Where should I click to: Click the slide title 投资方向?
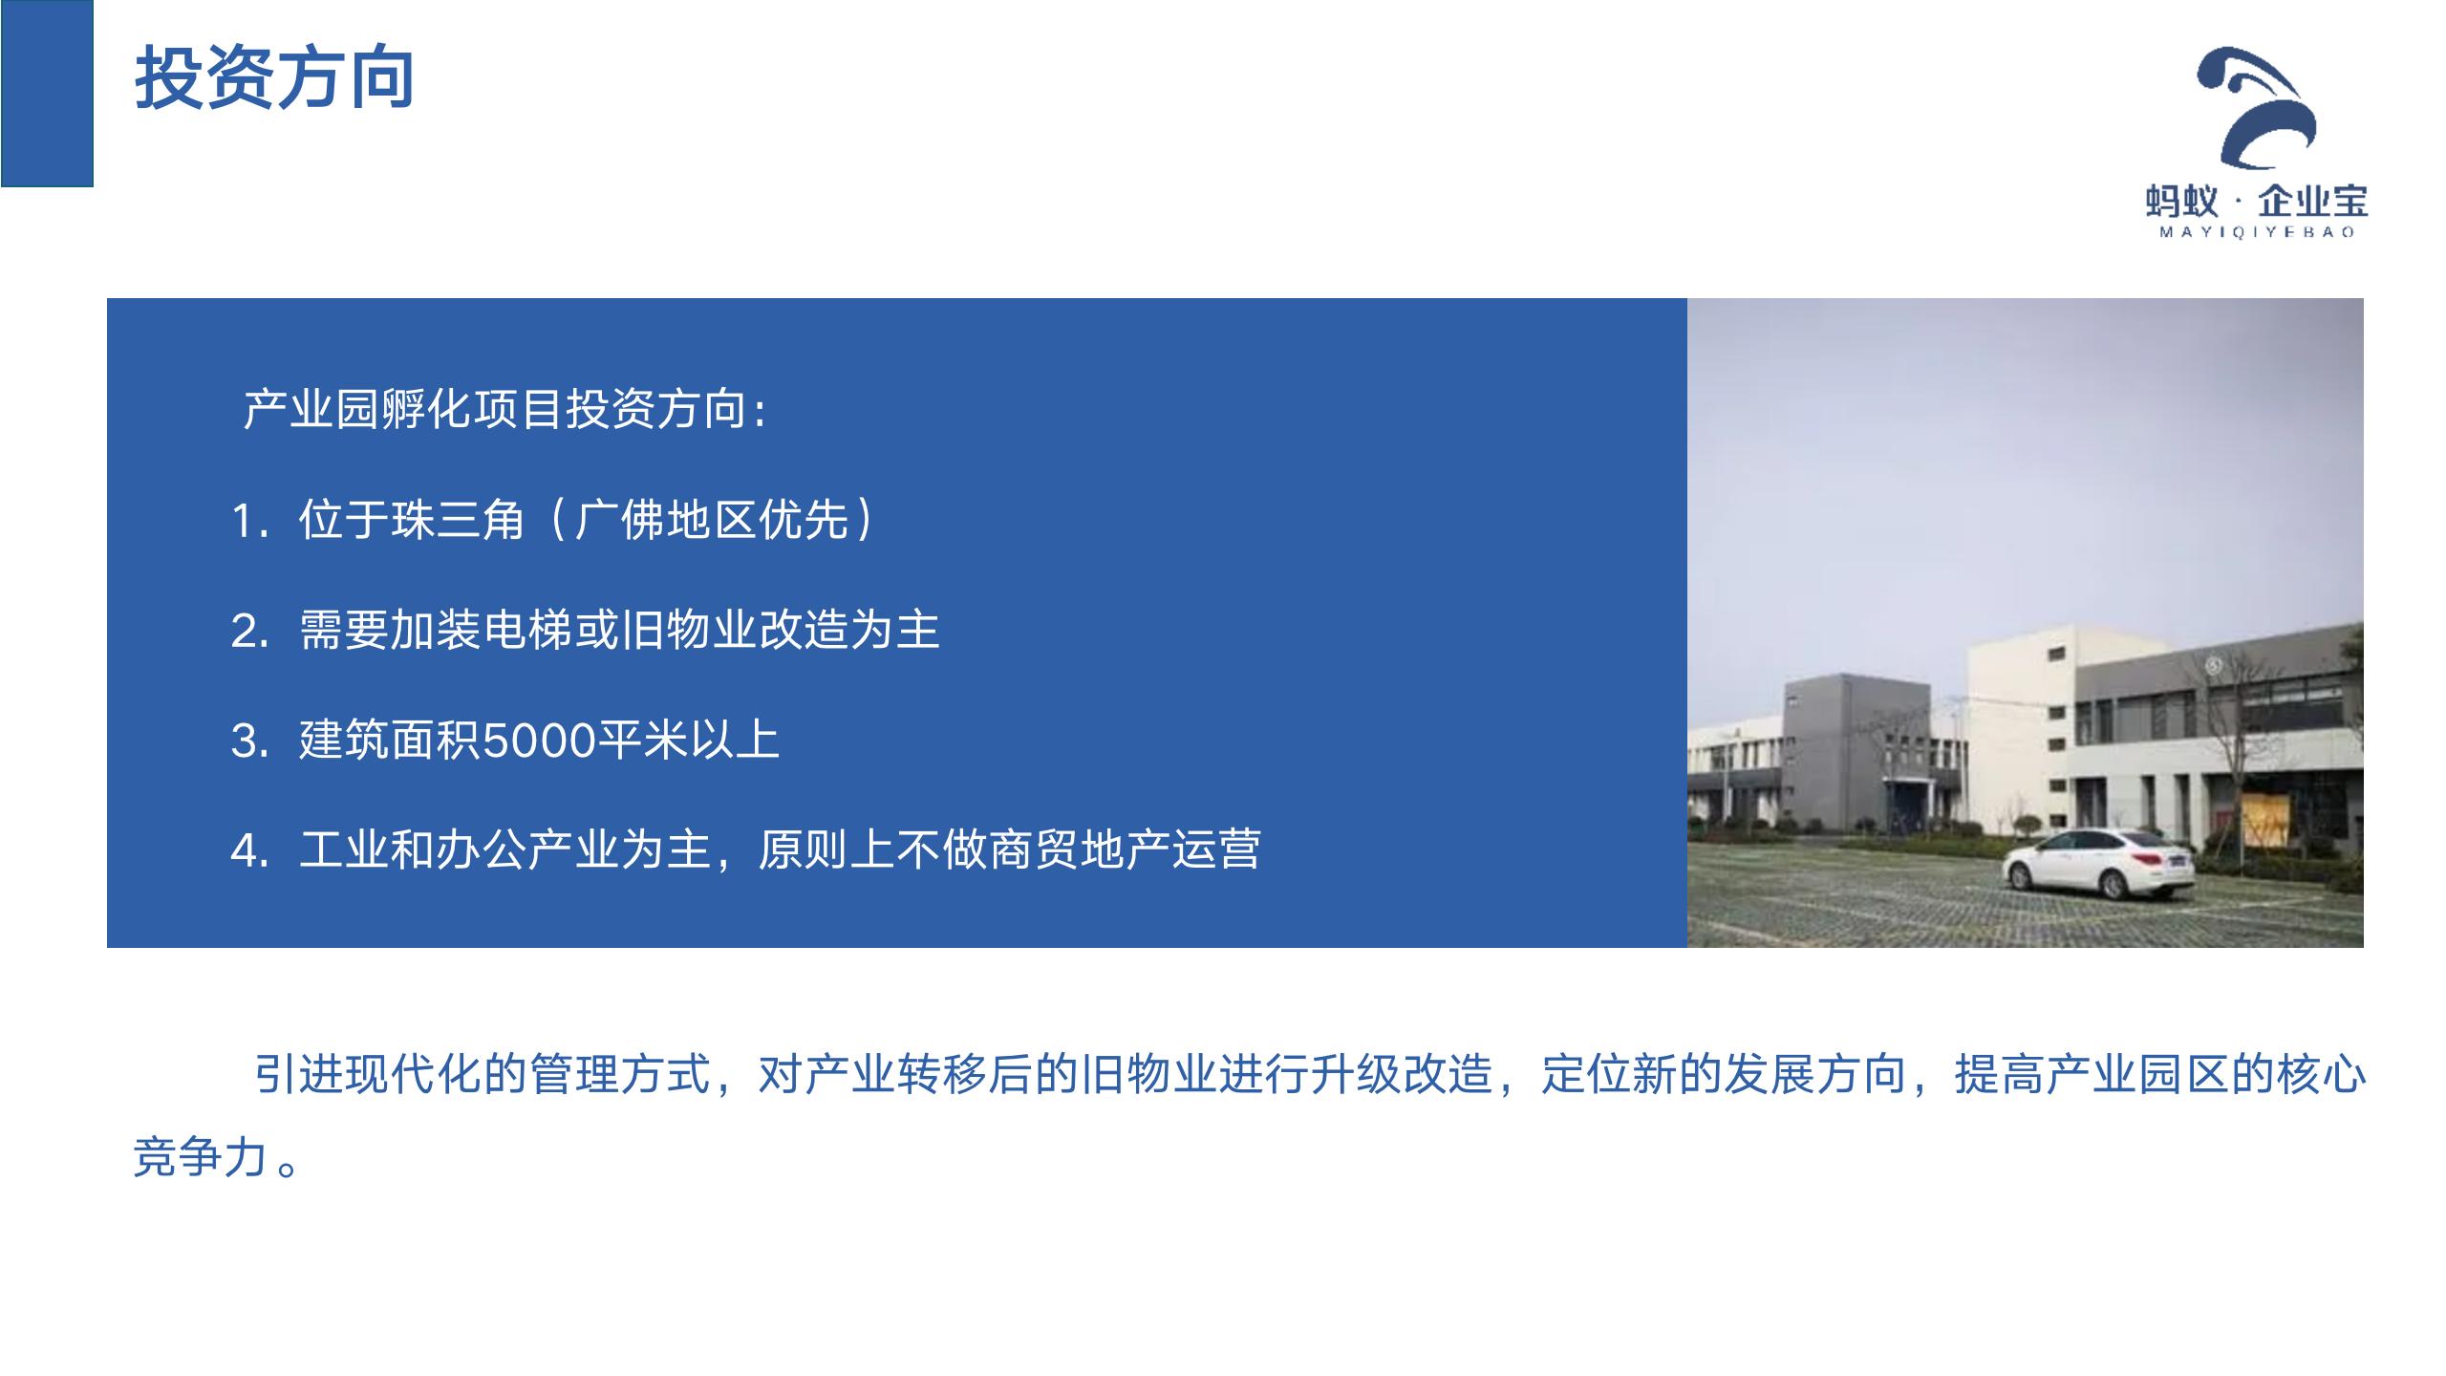click(274, 77)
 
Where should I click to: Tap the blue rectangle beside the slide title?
click(47, 93)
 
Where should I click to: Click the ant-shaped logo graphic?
click(2256, 106)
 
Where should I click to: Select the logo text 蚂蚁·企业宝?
click(2257, 202)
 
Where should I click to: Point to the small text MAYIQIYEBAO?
click(2257, 232)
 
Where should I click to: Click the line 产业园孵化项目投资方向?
click(504, 410)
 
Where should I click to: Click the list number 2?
click(250, 632)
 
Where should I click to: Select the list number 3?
click(250, 742)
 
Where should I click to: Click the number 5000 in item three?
click(539, 742)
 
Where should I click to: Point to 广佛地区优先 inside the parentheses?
click(712, 521)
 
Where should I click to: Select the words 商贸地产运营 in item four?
click(1124, 849)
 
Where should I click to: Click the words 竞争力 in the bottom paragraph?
click(200, 1158)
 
